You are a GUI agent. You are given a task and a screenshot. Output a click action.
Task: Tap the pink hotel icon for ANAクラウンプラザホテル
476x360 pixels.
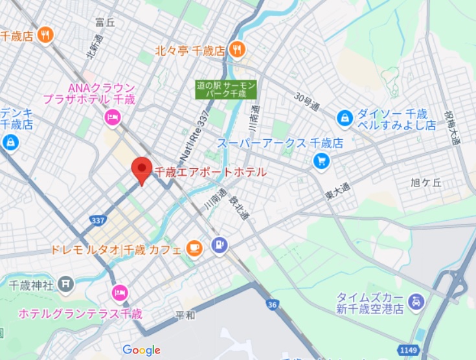tap(111, 117)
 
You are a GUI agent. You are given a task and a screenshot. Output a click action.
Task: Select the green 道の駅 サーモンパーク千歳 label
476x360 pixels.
tap(227, 89)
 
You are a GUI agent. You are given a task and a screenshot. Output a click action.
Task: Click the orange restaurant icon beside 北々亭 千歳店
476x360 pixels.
tap(238, 49)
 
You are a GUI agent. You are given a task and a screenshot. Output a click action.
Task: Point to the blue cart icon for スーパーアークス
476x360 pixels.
tap(321, 160)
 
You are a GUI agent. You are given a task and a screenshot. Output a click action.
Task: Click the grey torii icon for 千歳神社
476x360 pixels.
tap(65, 283)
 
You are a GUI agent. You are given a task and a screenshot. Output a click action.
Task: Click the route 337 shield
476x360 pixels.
tap(98, 221)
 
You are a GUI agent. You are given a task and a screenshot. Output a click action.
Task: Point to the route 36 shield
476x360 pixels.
tap(274, 304)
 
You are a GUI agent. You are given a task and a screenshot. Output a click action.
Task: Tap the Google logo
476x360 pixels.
tap(141, 350)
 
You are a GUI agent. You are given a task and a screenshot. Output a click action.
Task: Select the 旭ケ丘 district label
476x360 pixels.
tap(426, 183)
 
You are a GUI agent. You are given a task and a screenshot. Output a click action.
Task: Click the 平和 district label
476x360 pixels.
tap(185, 315)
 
